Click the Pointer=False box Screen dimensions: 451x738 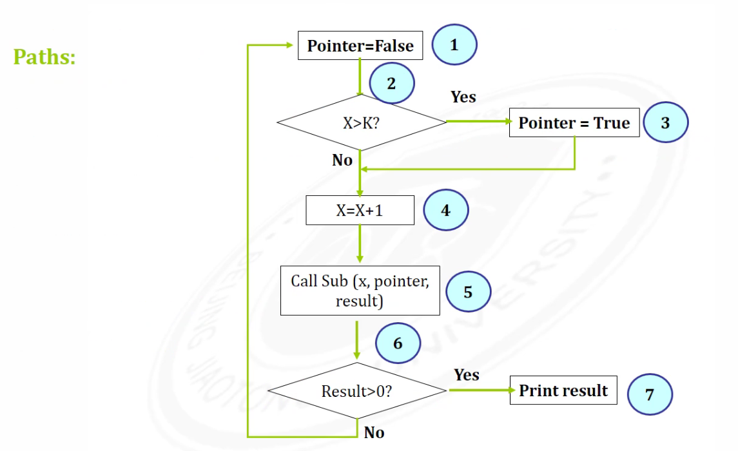point(360,46)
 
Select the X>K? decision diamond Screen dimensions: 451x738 point(361,122)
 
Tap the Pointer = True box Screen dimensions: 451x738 point(574,123)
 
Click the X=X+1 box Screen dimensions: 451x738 point(360,211)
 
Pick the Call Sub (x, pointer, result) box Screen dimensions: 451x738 point(360,291)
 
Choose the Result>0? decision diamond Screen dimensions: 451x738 point(356,391)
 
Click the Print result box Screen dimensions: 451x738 point(563,390)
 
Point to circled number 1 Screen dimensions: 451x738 point(454,45)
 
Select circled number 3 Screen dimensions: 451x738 point(665,122)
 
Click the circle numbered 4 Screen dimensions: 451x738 point(445,210)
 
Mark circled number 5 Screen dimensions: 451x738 point(468,292)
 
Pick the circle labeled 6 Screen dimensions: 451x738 point(398,343)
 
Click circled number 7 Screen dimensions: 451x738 point(649,394)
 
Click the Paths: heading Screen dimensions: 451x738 point(44,57)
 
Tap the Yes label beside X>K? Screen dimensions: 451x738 point(463,97)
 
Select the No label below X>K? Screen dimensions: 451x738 point(342,160)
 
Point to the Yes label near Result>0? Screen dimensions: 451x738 point(466,374)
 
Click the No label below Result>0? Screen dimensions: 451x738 point(374,433)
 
